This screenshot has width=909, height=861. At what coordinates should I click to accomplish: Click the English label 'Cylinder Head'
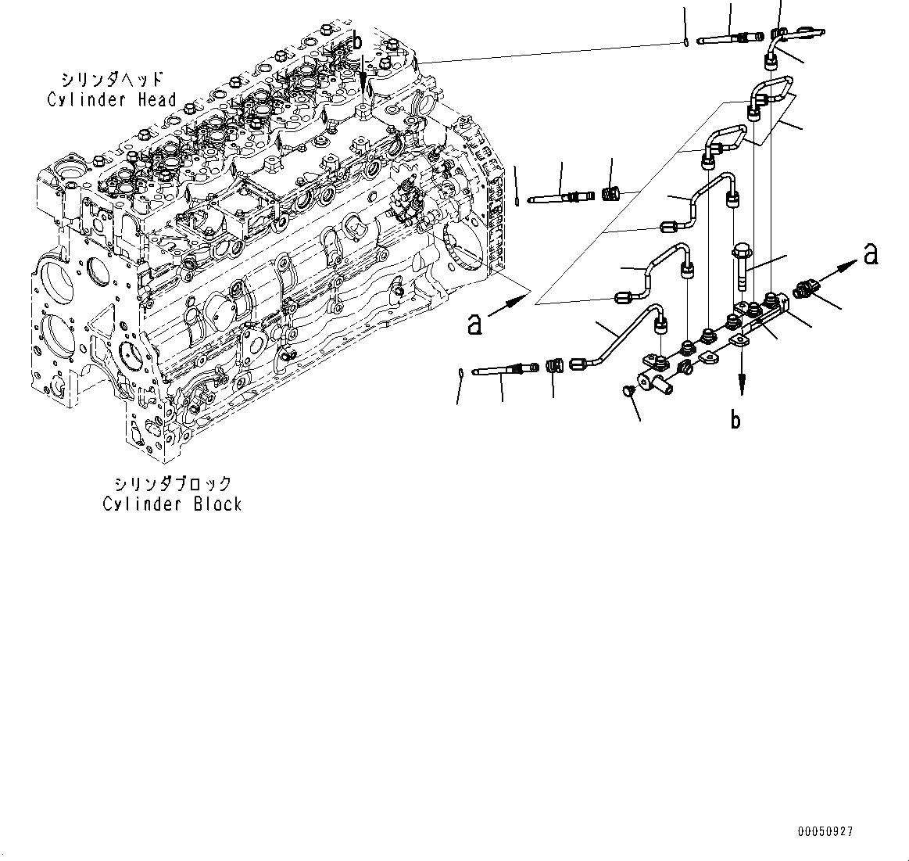tap(112, 99)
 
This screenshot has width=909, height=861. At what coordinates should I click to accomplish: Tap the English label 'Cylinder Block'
tap(172, 504)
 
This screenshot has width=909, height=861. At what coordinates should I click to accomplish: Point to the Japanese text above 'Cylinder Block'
tap(172, 484)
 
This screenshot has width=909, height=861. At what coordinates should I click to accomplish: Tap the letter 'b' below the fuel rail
tap(735, 420)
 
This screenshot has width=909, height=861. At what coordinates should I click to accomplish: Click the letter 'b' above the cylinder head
tap(357, 41)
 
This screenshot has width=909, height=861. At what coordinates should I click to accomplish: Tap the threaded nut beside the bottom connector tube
tap(554, 365)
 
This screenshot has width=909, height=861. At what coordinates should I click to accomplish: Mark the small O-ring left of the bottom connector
tap(462, 373)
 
